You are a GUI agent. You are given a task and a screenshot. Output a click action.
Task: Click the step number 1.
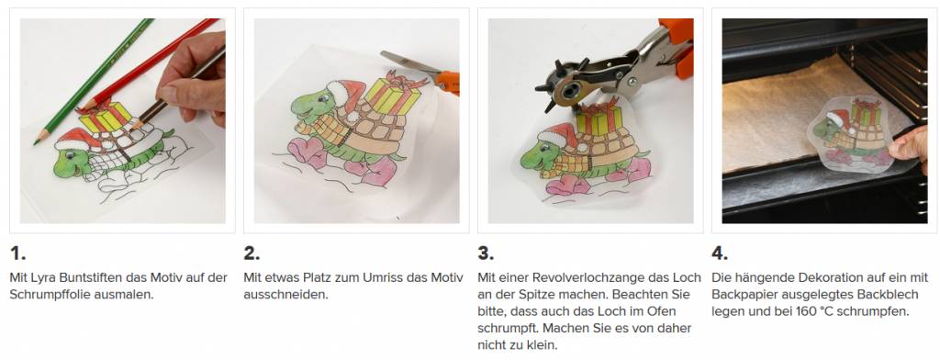[17, 253]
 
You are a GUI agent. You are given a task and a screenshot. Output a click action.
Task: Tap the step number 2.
[252, 253]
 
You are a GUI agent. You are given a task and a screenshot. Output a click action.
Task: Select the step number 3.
[486, 253]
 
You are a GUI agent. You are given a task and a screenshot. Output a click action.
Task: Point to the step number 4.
[720, 253]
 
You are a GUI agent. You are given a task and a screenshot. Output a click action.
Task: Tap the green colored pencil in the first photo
[93, 81]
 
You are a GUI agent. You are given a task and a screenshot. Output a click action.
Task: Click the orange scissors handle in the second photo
[447, 83]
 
